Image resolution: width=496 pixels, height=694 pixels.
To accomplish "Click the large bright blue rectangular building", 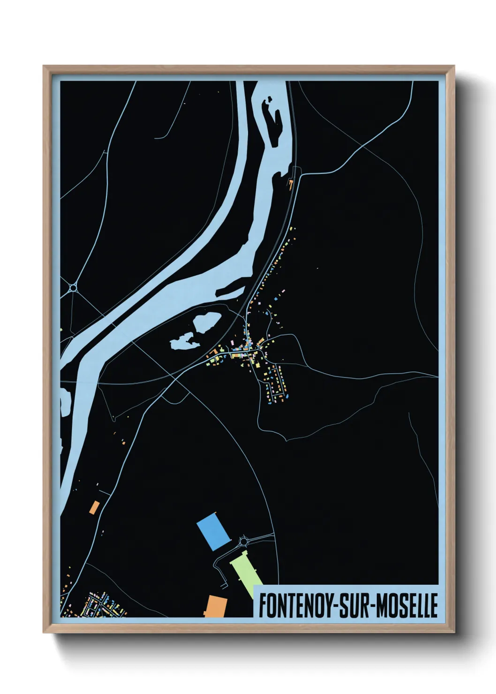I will tap(214, 531).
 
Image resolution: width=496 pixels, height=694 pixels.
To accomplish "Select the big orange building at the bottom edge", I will tap(216, 606).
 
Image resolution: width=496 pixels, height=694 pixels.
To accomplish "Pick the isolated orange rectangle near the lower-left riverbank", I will tap(94, 507).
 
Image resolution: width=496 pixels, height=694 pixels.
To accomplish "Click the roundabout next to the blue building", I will tap(244, 542).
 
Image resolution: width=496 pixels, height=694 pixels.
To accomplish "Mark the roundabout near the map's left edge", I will tap(73, 287).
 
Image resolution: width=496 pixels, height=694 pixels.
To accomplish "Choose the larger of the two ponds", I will tap(206, 323).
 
